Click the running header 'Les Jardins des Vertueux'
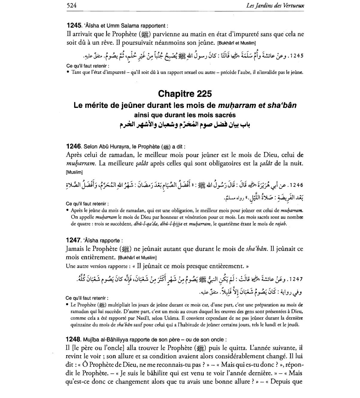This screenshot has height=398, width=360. [274, 5]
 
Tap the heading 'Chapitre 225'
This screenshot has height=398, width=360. [185, 94]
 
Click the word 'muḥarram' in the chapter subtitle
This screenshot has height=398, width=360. [237, 105]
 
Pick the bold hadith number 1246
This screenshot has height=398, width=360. [73, 147]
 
